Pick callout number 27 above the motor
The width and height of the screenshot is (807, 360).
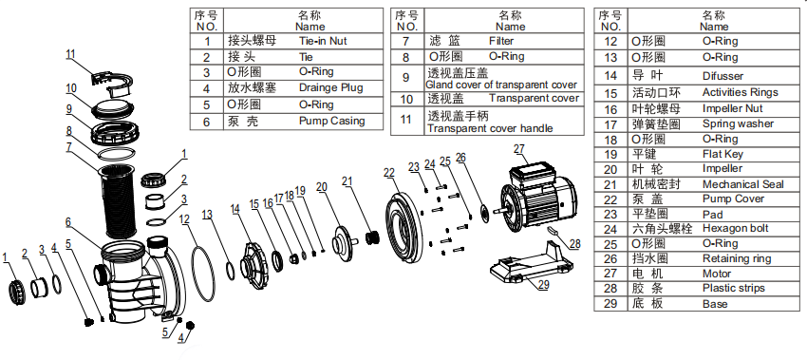click(x=519, y=149)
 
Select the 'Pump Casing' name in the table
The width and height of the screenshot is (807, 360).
click(x=332, y=121)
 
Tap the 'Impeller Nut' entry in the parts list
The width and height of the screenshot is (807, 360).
click(x=732, y=108)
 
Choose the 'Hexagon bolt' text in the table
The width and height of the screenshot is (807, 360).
click(x=736, y=228)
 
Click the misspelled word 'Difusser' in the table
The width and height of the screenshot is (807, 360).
click(x=723, y=76)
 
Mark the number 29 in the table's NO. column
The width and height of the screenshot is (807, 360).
click(x=610, y=303)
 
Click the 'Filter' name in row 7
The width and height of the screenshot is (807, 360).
click(x=501, y=41)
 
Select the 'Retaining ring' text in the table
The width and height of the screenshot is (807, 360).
click(x=737, y=258)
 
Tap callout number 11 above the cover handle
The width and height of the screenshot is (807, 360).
click(x=70, y=54)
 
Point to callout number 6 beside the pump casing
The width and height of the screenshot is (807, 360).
click(x=68, y=222)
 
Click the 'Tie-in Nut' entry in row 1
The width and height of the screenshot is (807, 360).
click(x=323, y=41)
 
